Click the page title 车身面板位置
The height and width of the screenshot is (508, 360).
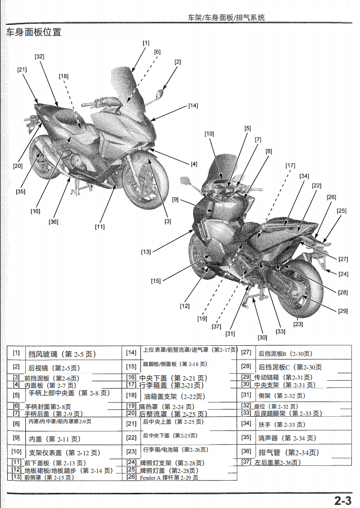point(33,32)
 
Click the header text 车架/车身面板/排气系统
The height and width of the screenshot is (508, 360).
point(226,17)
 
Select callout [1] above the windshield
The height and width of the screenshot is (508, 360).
point(146,43)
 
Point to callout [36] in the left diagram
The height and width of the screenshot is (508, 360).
point(53,222)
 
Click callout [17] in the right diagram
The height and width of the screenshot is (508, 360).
point(290,165)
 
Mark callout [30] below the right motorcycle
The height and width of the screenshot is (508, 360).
point(262,337)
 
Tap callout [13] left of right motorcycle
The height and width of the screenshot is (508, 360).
point(146,251)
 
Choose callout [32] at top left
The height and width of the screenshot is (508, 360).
point(40,57)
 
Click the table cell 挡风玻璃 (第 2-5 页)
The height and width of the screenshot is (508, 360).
point(62,354)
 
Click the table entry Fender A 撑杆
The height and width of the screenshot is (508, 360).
point(168,478)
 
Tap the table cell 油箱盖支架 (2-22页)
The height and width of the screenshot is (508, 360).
point(174,396)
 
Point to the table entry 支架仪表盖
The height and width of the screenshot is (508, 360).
point(64,453)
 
